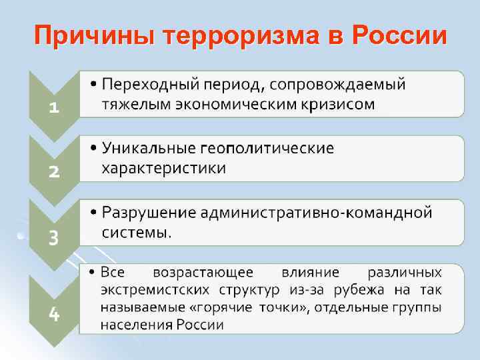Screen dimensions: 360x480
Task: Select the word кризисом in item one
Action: [341, 104]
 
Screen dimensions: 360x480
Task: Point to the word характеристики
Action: [163, 167]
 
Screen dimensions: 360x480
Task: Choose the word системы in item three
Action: [135, 232]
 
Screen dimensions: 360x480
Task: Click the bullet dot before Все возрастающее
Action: [92, 272]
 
